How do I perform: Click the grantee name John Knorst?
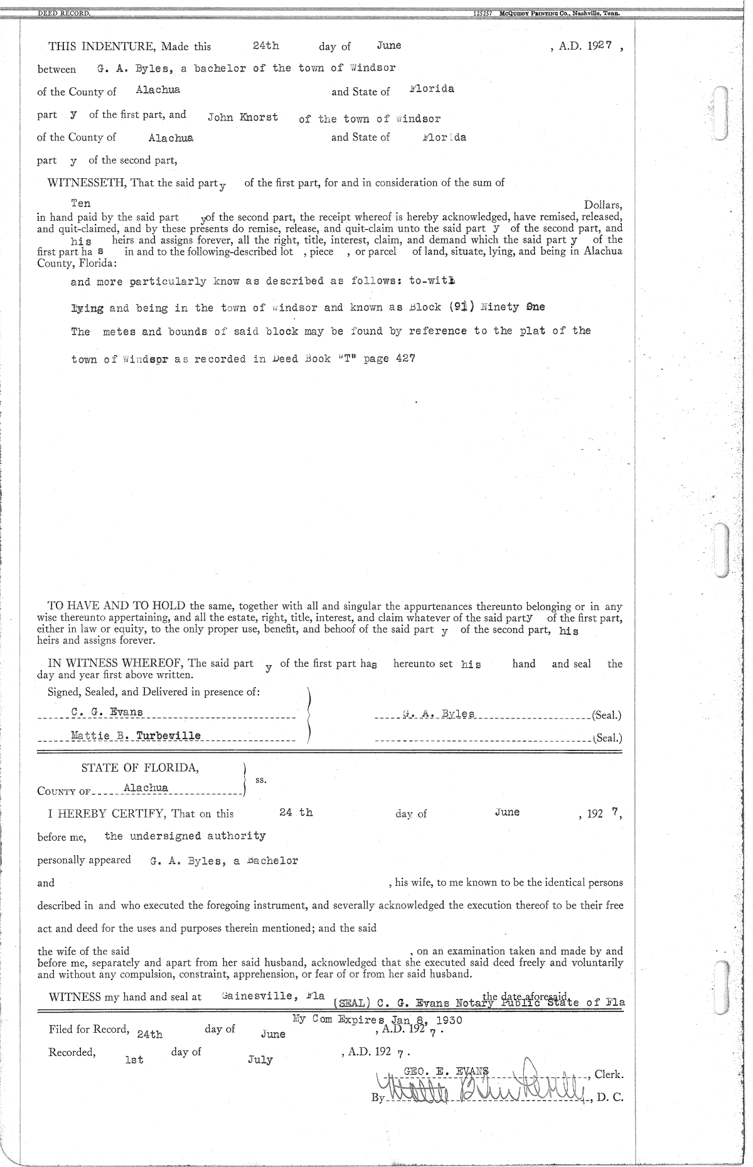243,117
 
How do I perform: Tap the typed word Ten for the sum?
81,203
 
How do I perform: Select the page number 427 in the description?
404,359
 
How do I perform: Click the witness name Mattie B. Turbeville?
136,735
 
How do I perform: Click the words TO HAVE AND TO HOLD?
117,606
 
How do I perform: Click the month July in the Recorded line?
260,1060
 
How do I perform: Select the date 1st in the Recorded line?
134,1060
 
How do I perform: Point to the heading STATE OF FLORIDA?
140,768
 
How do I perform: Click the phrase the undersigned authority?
185,836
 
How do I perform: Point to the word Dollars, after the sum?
603,205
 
